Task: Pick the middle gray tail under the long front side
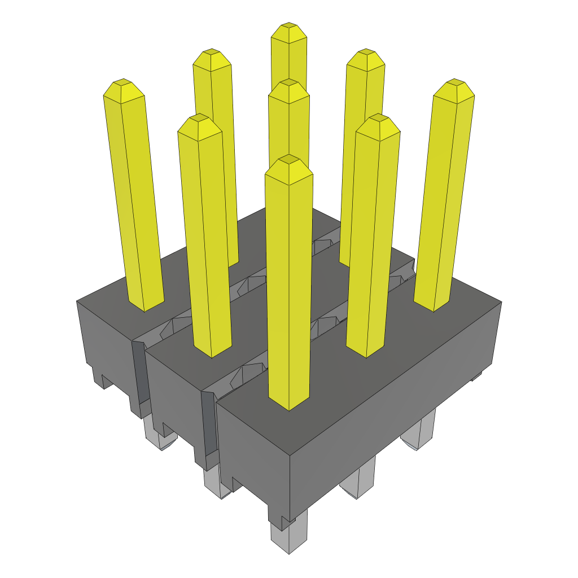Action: [x=358, y=480]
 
